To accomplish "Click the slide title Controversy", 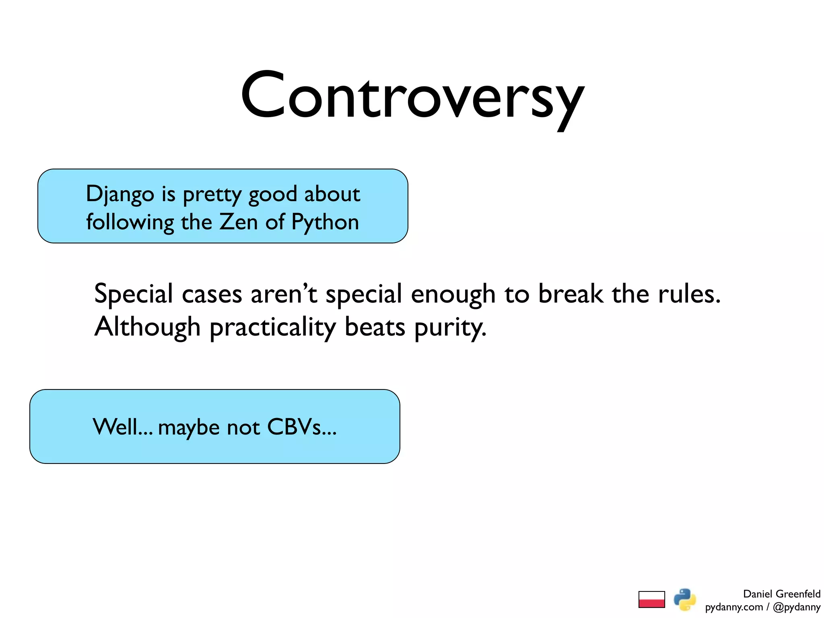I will [x=412, y=97].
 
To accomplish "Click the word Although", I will [x=147, y=327].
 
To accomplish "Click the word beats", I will [x=375, y=327].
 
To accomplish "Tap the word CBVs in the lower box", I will [x=301, y=427].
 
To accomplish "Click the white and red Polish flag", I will [x=651, y=599].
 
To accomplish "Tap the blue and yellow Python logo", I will [x=685, y=599].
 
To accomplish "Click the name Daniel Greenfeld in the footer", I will [x=781, y=594].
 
